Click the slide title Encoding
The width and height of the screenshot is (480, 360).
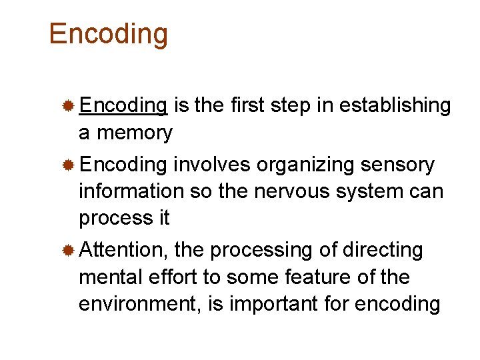(109, 34)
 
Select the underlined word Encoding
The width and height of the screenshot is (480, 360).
(123, 105)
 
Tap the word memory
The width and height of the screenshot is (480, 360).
(135, 133)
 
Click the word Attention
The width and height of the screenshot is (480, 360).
(124, 250)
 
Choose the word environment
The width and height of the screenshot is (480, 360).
(141, 304)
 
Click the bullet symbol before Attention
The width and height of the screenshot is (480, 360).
(68, 251)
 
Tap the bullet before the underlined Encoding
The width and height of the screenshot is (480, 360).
(68, 106)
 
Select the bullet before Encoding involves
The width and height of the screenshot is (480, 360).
(68, 165)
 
